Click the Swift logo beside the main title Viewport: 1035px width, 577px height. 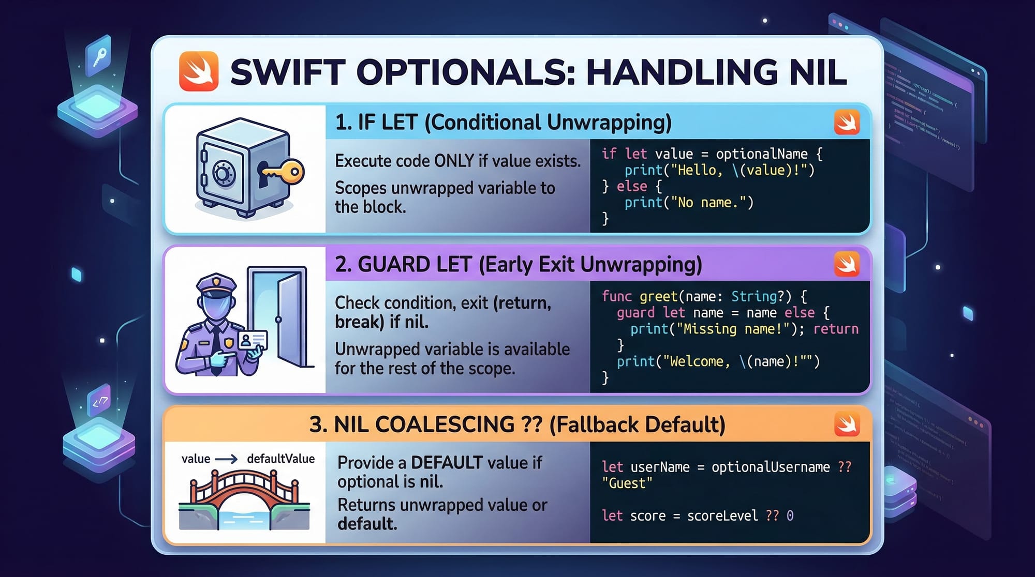coord(199,71)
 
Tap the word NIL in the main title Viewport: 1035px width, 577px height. coord(818,72)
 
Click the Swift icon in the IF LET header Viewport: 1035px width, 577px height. coord(847,123)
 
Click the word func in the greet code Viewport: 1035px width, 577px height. coord(617,296)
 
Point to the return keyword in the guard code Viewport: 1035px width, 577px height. coord(836,329)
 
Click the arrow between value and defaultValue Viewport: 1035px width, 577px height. coord(226,459)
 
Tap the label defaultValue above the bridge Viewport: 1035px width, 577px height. coord(280,459)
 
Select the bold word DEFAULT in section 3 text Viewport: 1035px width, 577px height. coord(447,462)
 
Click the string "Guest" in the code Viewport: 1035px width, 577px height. coord(627,483)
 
